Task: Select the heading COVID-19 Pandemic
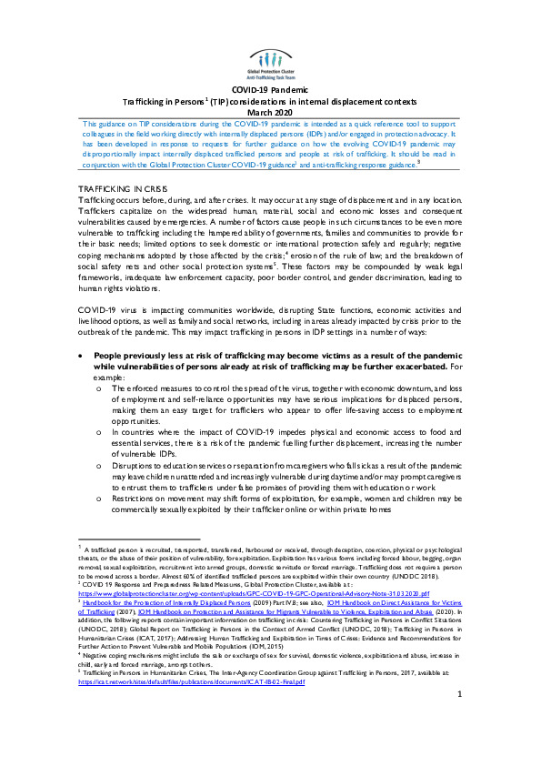(270, 90)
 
